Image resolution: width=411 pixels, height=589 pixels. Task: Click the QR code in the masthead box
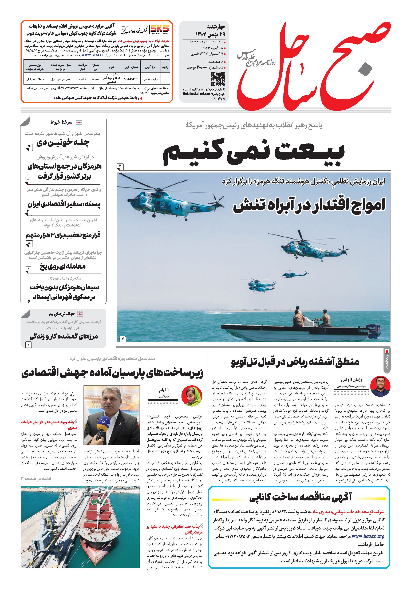[218, 79]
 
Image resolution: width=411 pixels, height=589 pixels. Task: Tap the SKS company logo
[159, 30]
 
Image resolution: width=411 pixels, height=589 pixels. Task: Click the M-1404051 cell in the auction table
[131, 79]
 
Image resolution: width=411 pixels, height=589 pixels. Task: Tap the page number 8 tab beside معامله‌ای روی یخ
[28, 270]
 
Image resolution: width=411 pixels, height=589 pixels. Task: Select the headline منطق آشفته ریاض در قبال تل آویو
[295, 362]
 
